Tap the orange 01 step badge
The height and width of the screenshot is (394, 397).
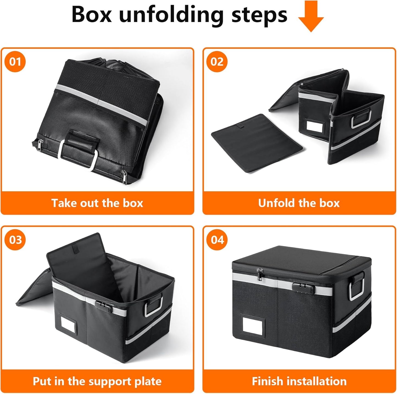click(15, 61)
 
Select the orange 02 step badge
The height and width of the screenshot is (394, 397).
click(217, 61)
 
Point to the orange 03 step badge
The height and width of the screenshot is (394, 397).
click(15, 240)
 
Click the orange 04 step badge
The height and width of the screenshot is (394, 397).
click(217, 240)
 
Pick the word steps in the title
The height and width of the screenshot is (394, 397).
click(259, 15)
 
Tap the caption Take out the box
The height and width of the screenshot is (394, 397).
click(97, 203)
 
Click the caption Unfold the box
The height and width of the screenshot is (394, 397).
click(299, 203)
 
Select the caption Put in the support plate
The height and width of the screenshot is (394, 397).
click(97, 381)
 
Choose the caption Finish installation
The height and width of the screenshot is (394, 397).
click(299, 381)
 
